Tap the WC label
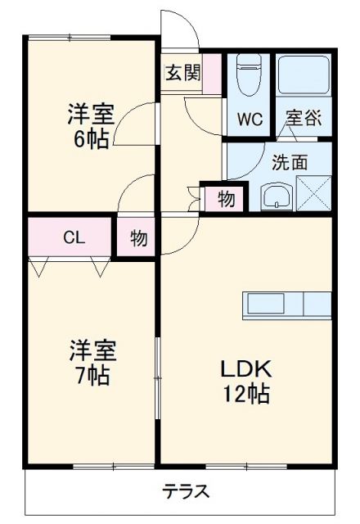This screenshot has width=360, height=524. (250, 119)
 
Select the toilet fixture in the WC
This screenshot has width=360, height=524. (247, 74)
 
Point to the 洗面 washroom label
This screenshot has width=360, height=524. (290, 162)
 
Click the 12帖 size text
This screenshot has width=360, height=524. (244, 394)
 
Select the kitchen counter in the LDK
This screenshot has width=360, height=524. (286, 304)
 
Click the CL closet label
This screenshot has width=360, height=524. (74, 238)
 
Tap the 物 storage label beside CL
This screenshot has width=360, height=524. (137, 239)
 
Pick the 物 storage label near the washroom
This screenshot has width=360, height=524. (227, 198)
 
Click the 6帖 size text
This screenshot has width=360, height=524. (92, 138)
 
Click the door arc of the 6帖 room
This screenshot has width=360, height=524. (131, 123)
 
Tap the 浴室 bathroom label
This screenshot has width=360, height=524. (303, 118)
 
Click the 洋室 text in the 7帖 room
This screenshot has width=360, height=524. (92, 352)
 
